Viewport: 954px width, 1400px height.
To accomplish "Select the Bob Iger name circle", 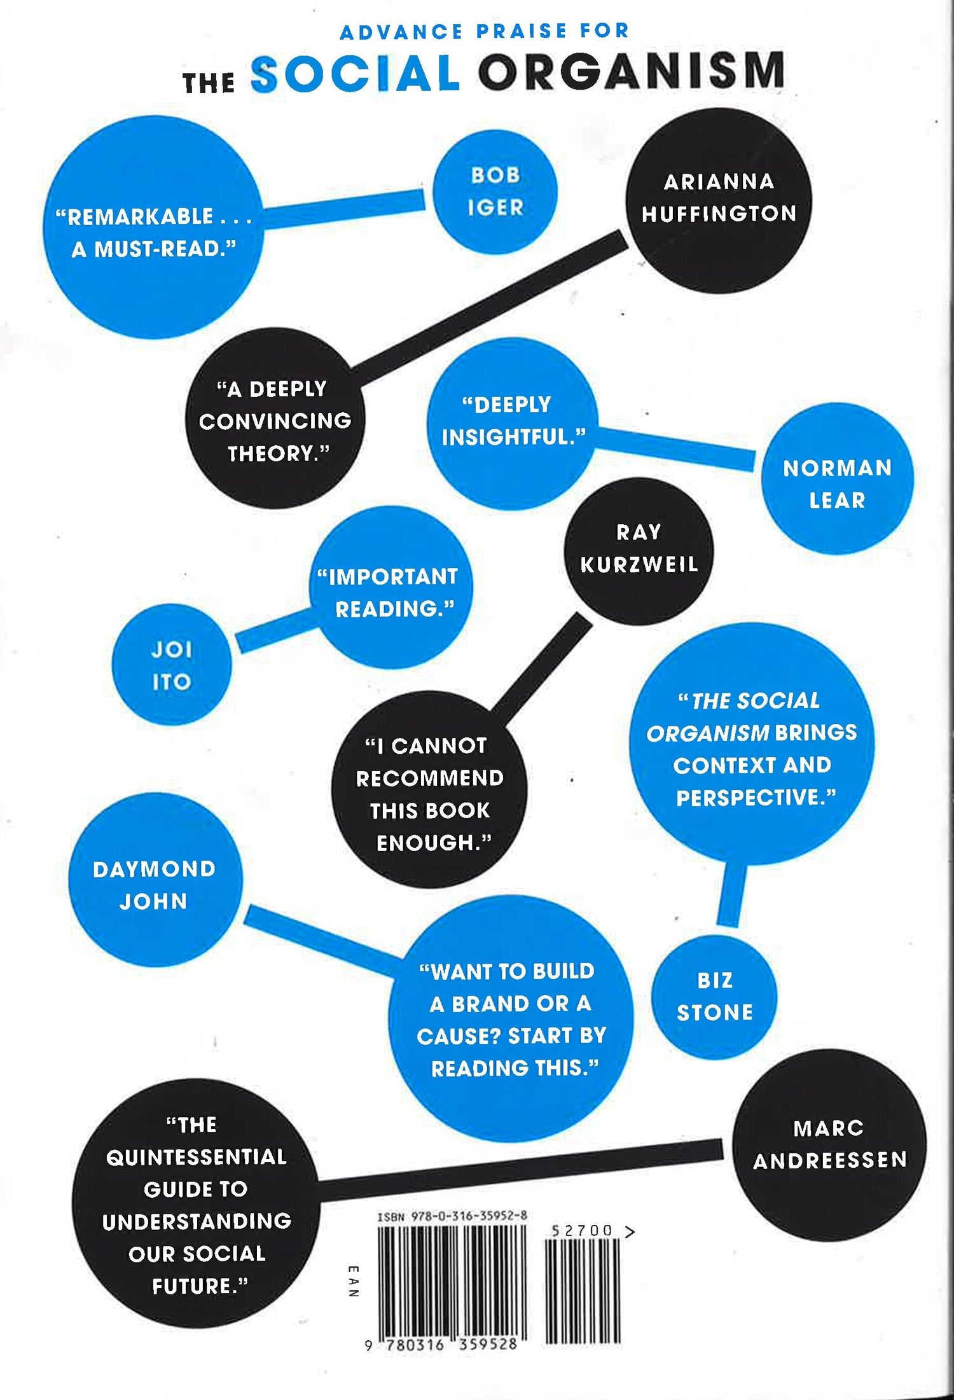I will tap(495, 191).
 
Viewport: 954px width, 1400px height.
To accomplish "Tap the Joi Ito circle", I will tap(172, 665).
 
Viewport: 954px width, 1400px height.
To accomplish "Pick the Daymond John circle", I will tap(155, 885).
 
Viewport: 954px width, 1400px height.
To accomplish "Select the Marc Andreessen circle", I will tap(829, 1144).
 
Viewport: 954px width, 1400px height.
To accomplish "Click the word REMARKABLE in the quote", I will tap(140, 217).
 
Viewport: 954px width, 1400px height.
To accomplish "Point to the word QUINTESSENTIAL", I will tap(196, 1156).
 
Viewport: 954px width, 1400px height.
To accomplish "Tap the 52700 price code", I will tap(582, 1231).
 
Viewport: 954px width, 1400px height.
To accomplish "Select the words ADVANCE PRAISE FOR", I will tap(484, 31).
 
